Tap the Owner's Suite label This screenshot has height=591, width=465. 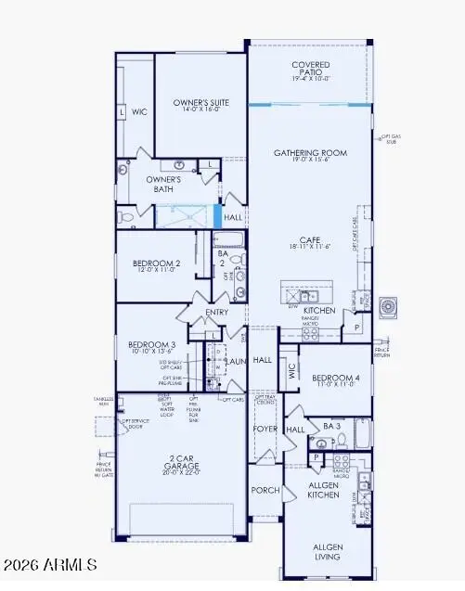click(201, 102)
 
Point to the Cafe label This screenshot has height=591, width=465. click(311, 238)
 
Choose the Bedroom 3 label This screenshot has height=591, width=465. click(150, 346)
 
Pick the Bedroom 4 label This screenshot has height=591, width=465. click(334, 379)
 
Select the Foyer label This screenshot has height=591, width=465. click(265, 430)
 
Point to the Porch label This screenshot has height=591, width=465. click(265, 490)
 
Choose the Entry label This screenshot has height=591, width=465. click(216, 313)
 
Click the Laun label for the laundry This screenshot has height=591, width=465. click(237, 361)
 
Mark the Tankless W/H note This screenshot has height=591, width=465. click(102, 401)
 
